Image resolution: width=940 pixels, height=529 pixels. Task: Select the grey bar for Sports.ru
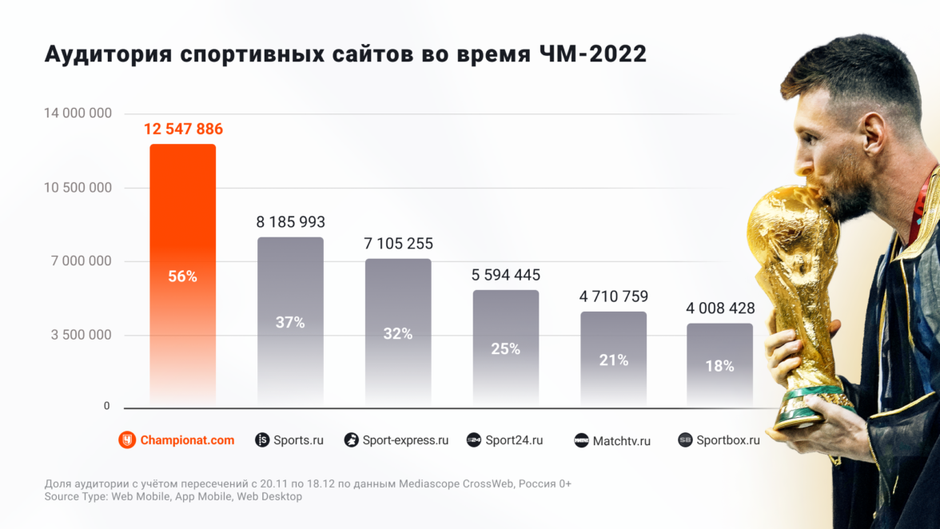point(290,288)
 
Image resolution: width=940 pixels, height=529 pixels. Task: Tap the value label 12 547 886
point(183,129)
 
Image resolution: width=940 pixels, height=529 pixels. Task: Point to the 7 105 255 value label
point(398,244)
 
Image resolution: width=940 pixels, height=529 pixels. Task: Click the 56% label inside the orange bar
point(182,276)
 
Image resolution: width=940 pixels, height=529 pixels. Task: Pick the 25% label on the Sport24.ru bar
point(506,349)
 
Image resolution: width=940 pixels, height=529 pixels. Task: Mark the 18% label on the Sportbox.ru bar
point(719,366)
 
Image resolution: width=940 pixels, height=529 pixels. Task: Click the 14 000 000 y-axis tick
point(77,113)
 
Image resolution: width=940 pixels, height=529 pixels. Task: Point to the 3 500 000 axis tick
point(82,335)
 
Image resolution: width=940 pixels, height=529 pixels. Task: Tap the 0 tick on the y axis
point(106,406)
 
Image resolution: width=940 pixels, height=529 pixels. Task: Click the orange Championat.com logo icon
point(127,440)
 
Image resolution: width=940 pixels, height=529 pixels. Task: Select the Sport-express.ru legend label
point(405,440)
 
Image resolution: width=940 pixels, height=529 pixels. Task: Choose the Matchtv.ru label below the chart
point(621,440)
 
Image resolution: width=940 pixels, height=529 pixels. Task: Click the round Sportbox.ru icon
point(685,440)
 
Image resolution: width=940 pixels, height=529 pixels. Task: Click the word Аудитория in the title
point(108,54)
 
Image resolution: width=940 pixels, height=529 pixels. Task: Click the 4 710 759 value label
point(613,296)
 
